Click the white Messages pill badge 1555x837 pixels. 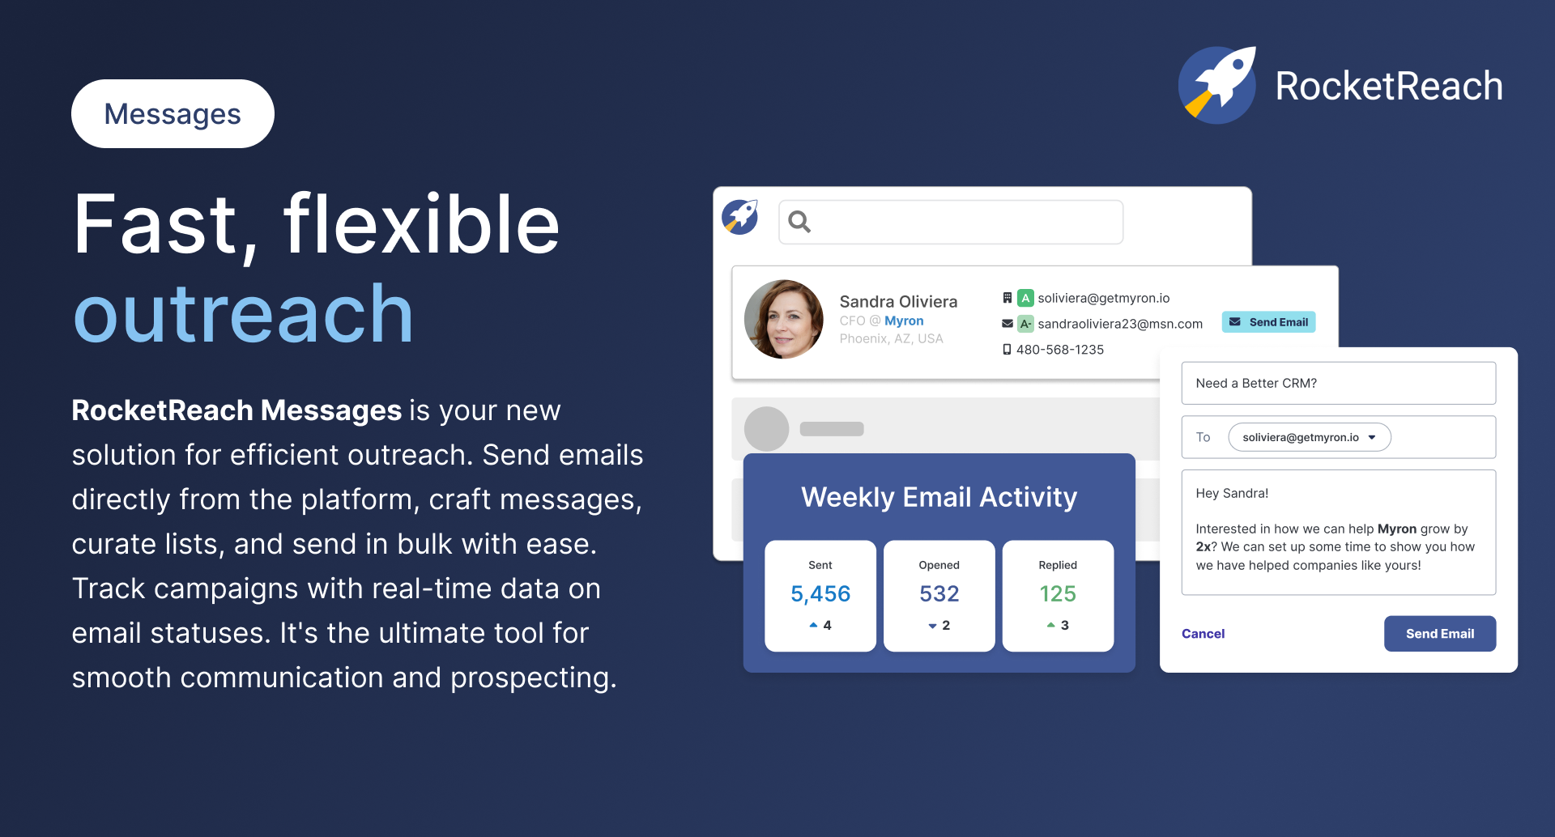pos(173,114)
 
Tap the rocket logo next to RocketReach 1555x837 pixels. pos(1217,85)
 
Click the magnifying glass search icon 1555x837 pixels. pos(799,221)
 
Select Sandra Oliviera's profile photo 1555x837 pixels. pos(783,319)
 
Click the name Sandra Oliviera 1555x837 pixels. pos(898,301)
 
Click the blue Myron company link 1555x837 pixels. pos(904,321)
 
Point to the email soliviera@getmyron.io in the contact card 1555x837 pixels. pos(1103,298)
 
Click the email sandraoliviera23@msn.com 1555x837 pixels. pos(1120,324)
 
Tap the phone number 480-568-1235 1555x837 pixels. pos(1059,350)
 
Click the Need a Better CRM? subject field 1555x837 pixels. pos(1338,383)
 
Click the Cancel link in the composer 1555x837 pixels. pos(1203,634)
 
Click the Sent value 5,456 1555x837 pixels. pos(820,594)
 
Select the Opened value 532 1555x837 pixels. pos(939,594)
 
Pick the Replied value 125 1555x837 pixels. pos(1058,594)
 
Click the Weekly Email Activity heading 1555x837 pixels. pos(939,497)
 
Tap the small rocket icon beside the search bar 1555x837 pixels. pos(740,217)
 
